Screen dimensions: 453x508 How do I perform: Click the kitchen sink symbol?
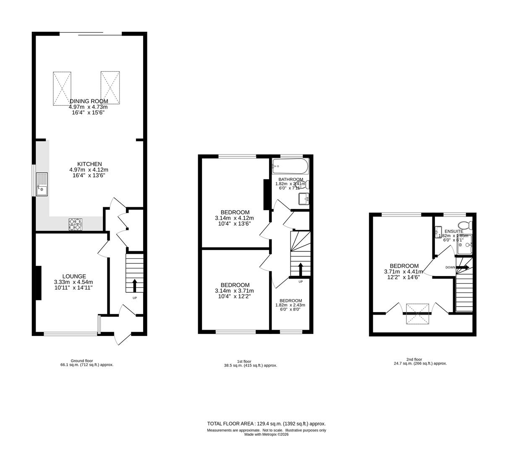click(42, 184)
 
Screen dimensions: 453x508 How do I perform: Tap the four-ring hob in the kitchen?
click(76, 224)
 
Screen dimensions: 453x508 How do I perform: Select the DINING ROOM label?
click(89, 101)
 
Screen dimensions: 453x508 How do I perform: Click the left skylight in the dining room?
click(62, 88)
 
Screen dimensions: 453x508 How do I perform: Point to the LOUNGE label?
click(74, 276)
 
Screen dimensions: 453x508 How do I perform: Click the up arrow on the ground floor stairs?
click(135, 285)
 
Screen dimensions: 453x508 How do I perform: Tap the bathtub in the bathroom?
click(290, 167)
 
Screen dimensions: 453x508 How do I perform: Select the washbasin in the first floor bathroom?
click(304, 199)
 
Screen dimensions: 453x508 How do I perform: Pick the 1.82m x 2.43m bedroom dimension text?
click(291, 305)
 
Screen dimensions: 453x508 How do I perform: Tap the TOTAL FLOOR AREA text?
click(266, 424)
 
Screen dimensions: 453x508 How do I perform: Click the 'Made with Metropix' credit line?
click(266, 435)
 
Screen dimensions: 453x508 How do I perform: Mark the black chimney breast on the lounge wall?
click(38, 283)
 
